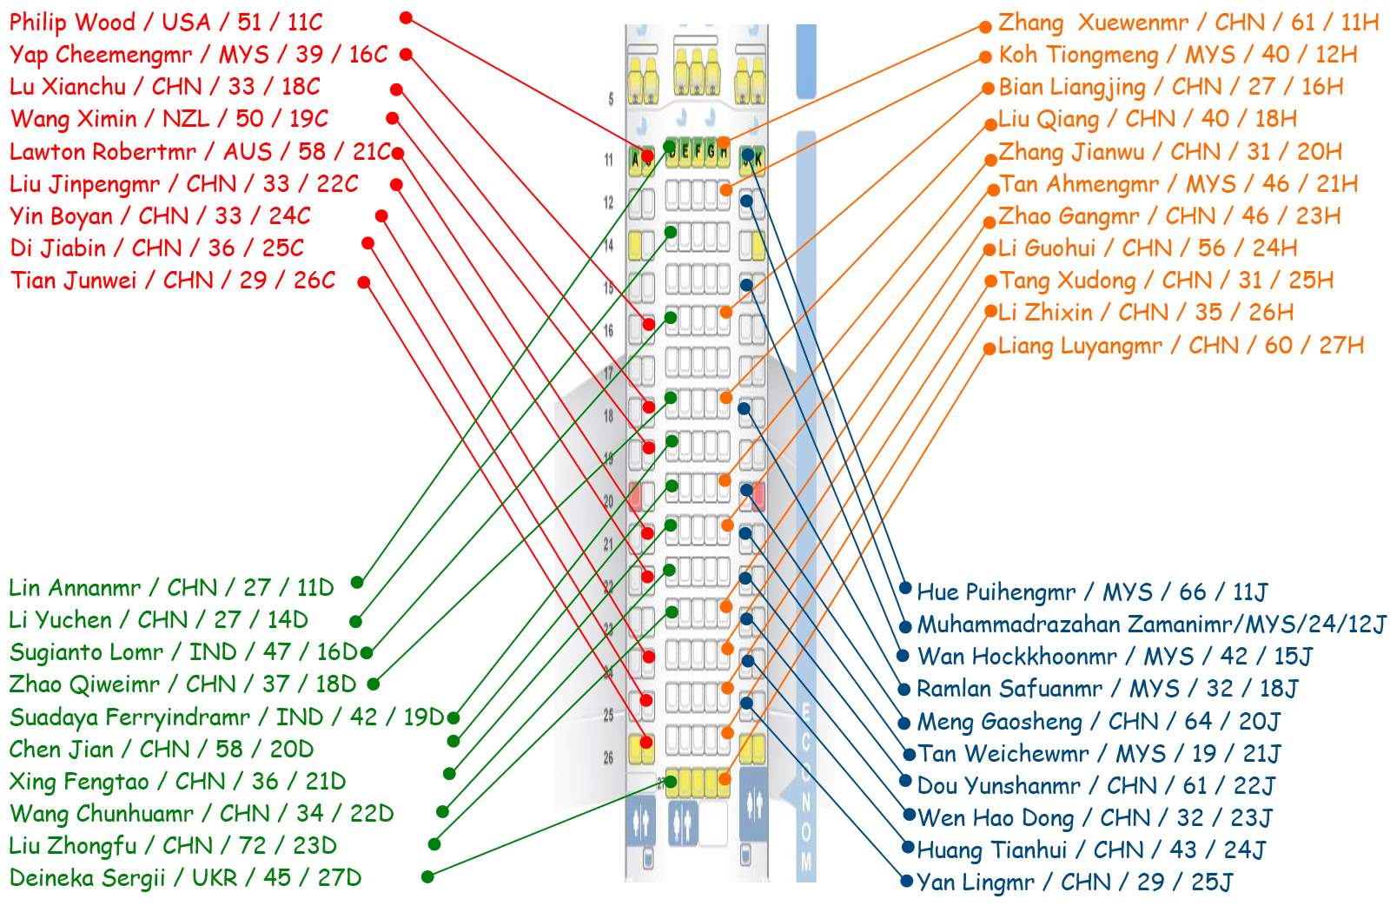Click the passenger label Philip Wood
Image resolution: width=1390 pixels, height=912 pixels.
[x=166, y=22]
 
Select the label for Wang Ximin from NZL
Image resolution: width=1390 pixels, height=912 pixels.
[x=169, y=118]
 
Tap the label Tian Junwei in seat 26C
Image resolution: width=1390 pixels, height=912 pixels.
[x=173, y=281]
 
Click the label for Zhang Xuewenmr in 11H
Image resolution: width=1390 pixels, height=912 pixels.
[x=1188, y=22]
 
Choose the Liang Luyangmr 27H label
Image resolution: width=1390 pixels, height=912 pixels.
[x=1181, y=345]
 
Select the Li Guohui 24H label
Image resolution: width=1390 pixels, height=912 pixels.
[x=1148, y=248]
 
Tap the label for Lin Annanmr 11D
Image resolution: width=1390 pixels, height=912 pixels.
[x=171, y=587]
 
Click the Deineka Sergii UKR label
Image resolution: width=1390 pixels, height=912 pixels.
[x=185, y=877]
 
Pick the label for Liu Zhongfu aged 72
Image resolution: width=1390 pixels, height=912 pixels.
[x=173, y=845]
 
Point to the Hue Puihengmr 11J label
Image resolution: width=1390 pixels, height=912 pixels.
[x=1092, y=592]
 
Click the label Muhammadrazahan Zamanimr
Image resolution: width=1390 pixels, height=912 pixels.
[x=1151, y=625]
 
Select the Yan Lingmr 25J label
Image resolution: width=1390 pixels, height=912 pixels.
[x=1075, y=882]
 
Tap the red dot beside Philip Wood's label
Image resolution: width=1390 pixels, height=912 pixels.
[x=406, y=17]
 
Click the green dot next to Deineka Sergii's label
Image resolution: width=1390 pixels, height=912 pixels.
[x=427, y=877]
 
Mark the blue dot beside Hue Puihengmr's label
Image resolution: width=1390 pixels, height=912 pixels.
[x=905, y=588]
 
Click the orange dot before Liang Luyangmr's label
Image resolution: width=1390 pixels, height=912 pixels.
[x=990, y=348]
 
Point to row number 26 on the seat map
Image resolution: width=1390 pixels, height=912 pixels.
[x=608, y=757]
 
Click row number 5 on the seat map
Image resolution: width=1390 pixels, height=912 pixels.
[x=611, y=99]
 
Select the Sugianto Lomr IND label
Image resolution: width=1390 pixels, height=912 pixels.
[x=183, y=651]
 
